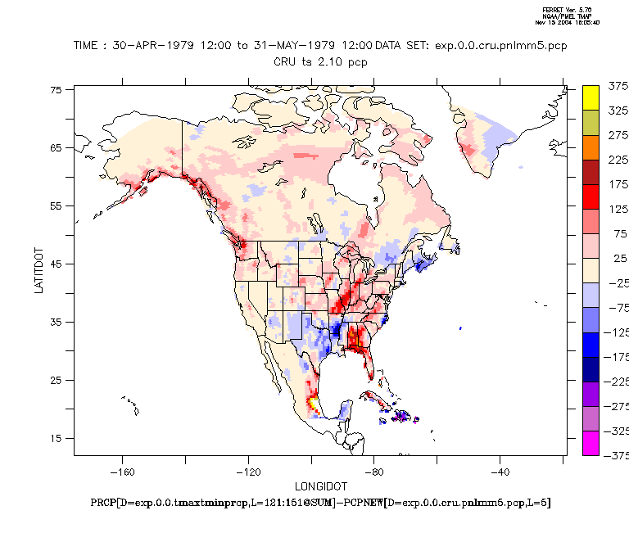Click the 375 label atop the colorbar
(x=616, y=86)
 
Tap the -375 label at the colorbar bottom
(x=616, y=456)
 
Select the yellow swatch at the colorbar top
(x=591, y=97)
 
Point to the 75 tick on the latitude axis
(x=57, y=90)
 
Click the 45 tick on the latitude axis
(x=57, y=264)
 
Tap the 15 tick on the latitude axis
(x=57, y=438)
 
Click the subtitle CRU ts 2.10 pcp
(x=320, y=61)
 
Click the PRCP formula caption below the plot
(x=320, y=502)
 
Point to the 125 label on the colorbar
(x=616, y=210)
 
